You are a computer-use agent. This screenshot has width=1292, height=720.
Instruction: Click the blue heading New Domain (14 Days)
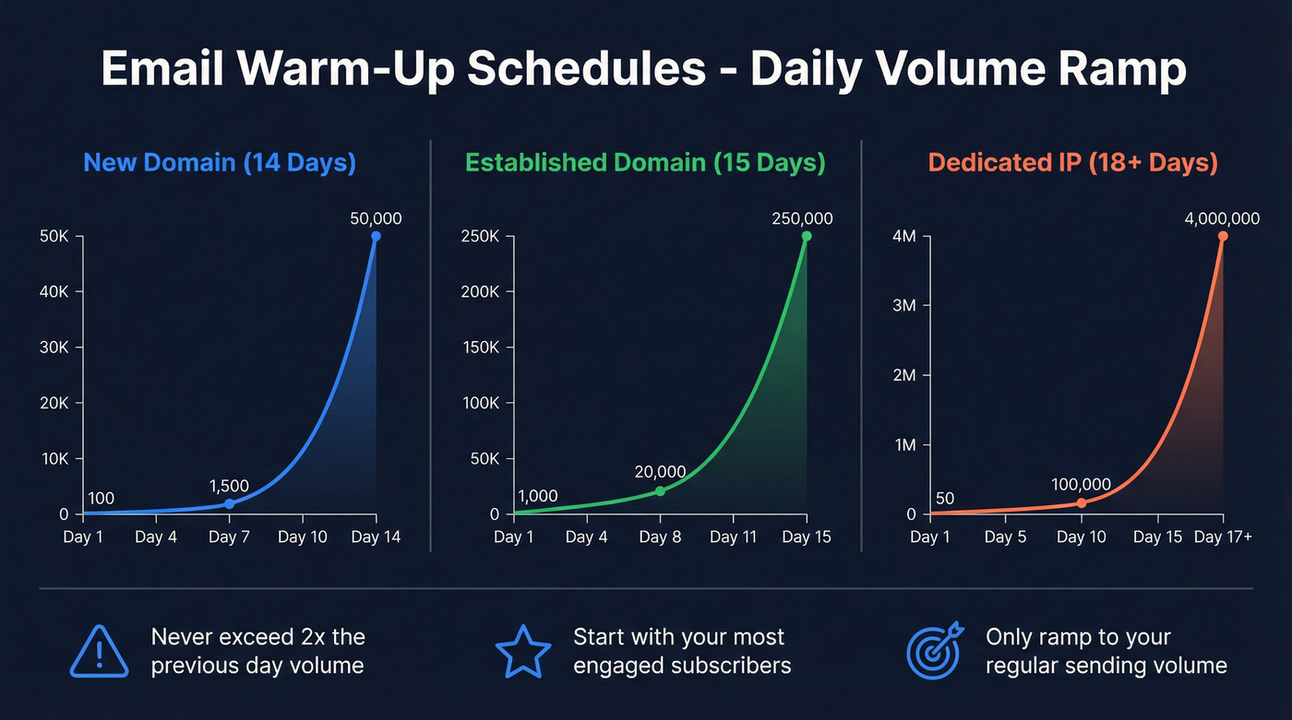click(220, 163)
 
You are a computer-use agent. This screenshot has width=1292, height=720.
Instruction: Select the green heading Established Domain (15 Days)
click(645, 163)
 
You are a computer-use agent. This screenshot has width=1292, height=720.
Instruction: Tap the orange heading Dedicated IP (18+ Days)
click(1072, 163)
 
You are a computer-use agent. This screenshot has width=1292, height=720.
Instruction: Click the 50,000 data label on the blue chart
click(377, 218)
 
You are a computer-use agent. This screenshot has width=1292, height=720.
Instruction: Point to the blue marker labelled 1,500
click(229, 503)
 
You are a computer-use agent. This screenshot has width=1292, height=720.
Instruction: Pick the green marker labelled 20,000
click(660, 490)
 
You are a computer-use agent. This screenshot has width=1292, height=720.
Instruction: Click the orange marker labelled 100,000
click(1082, 502)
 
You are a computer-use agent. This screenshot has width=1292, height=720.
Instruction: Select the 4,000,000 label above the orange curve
click(1222, 218)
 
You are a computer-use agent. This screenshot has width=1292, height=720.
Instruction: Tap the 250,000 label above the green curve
click(801, 218)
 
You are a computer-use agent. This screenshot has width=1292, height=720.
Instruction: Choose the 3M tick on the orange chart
click(904, 306)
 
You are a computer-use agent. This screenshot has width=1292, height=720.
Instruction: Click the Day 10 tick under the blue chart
click(303, 537)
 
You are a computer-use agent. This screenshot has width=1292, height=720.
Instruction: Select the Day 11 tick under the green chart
click(734, 537)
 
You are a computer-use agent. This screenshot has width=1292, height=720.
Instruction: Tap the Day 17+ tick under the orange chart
click(1222, 537)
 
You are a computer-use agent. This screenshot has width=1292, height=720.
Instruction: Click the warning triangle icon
click(99, 651)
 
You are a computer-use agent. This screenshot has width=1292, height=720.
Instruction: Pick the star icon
click(523, 651)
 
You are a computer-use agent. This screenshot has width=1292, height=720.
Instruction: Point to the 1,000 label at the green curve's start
click(538, 496)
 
